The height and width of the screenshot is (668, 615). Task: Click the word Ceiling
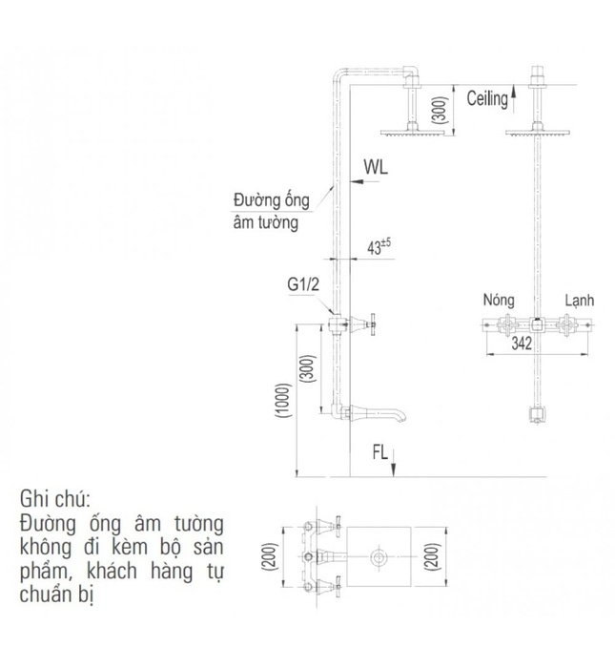point(488,98)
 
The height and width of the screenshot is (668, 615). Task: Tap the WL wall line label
point(375,166)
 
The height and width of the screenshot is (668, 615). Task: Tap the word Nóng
point(498,300)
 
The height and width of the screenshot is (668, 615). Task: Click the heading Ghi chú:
point(53,499)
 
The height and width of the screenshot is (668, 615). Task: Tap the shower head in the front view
point(538,133)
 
